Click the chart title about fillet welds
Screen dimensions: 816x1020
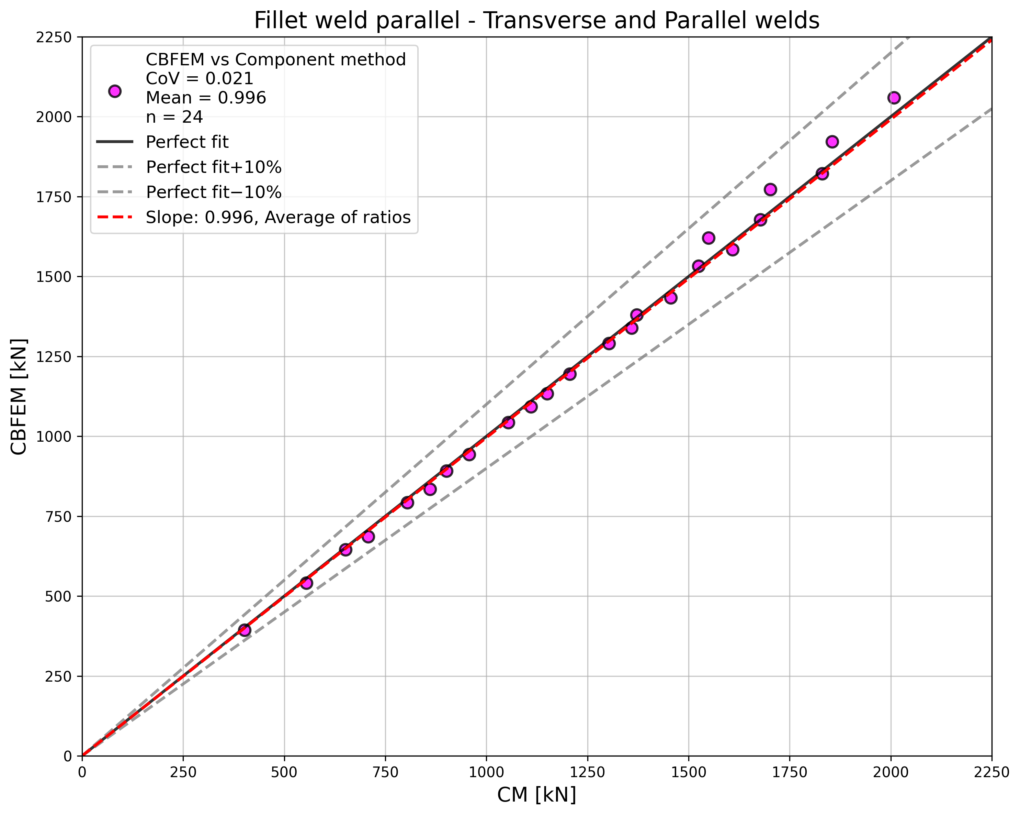[x=536, y=21]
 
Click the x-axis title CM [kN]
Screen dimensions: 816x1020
[x=536, y=795]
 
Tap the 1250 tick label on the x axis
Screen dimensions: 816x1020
[x=587, y=772]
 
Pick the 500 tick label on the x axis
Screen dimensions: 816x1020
[x=284, y=772]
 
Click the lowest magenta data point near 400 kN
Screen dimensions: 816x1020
[x=245, y=629]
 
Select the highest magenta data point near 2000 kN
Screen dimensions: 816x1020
[x=894, y=98]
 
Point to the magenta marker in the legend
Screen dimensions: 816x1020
[x=114, y=91]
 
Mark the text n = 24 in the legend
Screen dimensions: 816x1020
[x=174, y=117]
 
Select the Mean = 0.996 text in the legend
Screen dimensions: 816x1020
[x=206, y=98]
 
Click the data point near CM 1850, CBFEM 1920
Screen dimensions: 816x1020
[x=832, y=142]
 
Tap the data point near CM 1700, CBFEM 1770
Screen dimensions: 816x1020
[x=770, y=189]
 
